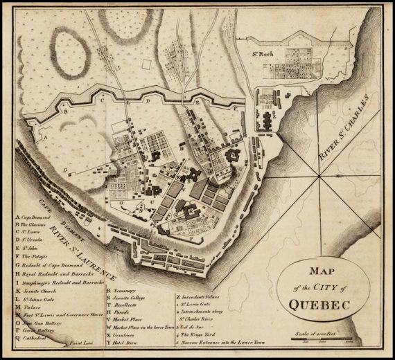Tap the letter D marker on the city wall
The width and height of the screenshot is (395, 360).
click(x=148, y=100)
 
